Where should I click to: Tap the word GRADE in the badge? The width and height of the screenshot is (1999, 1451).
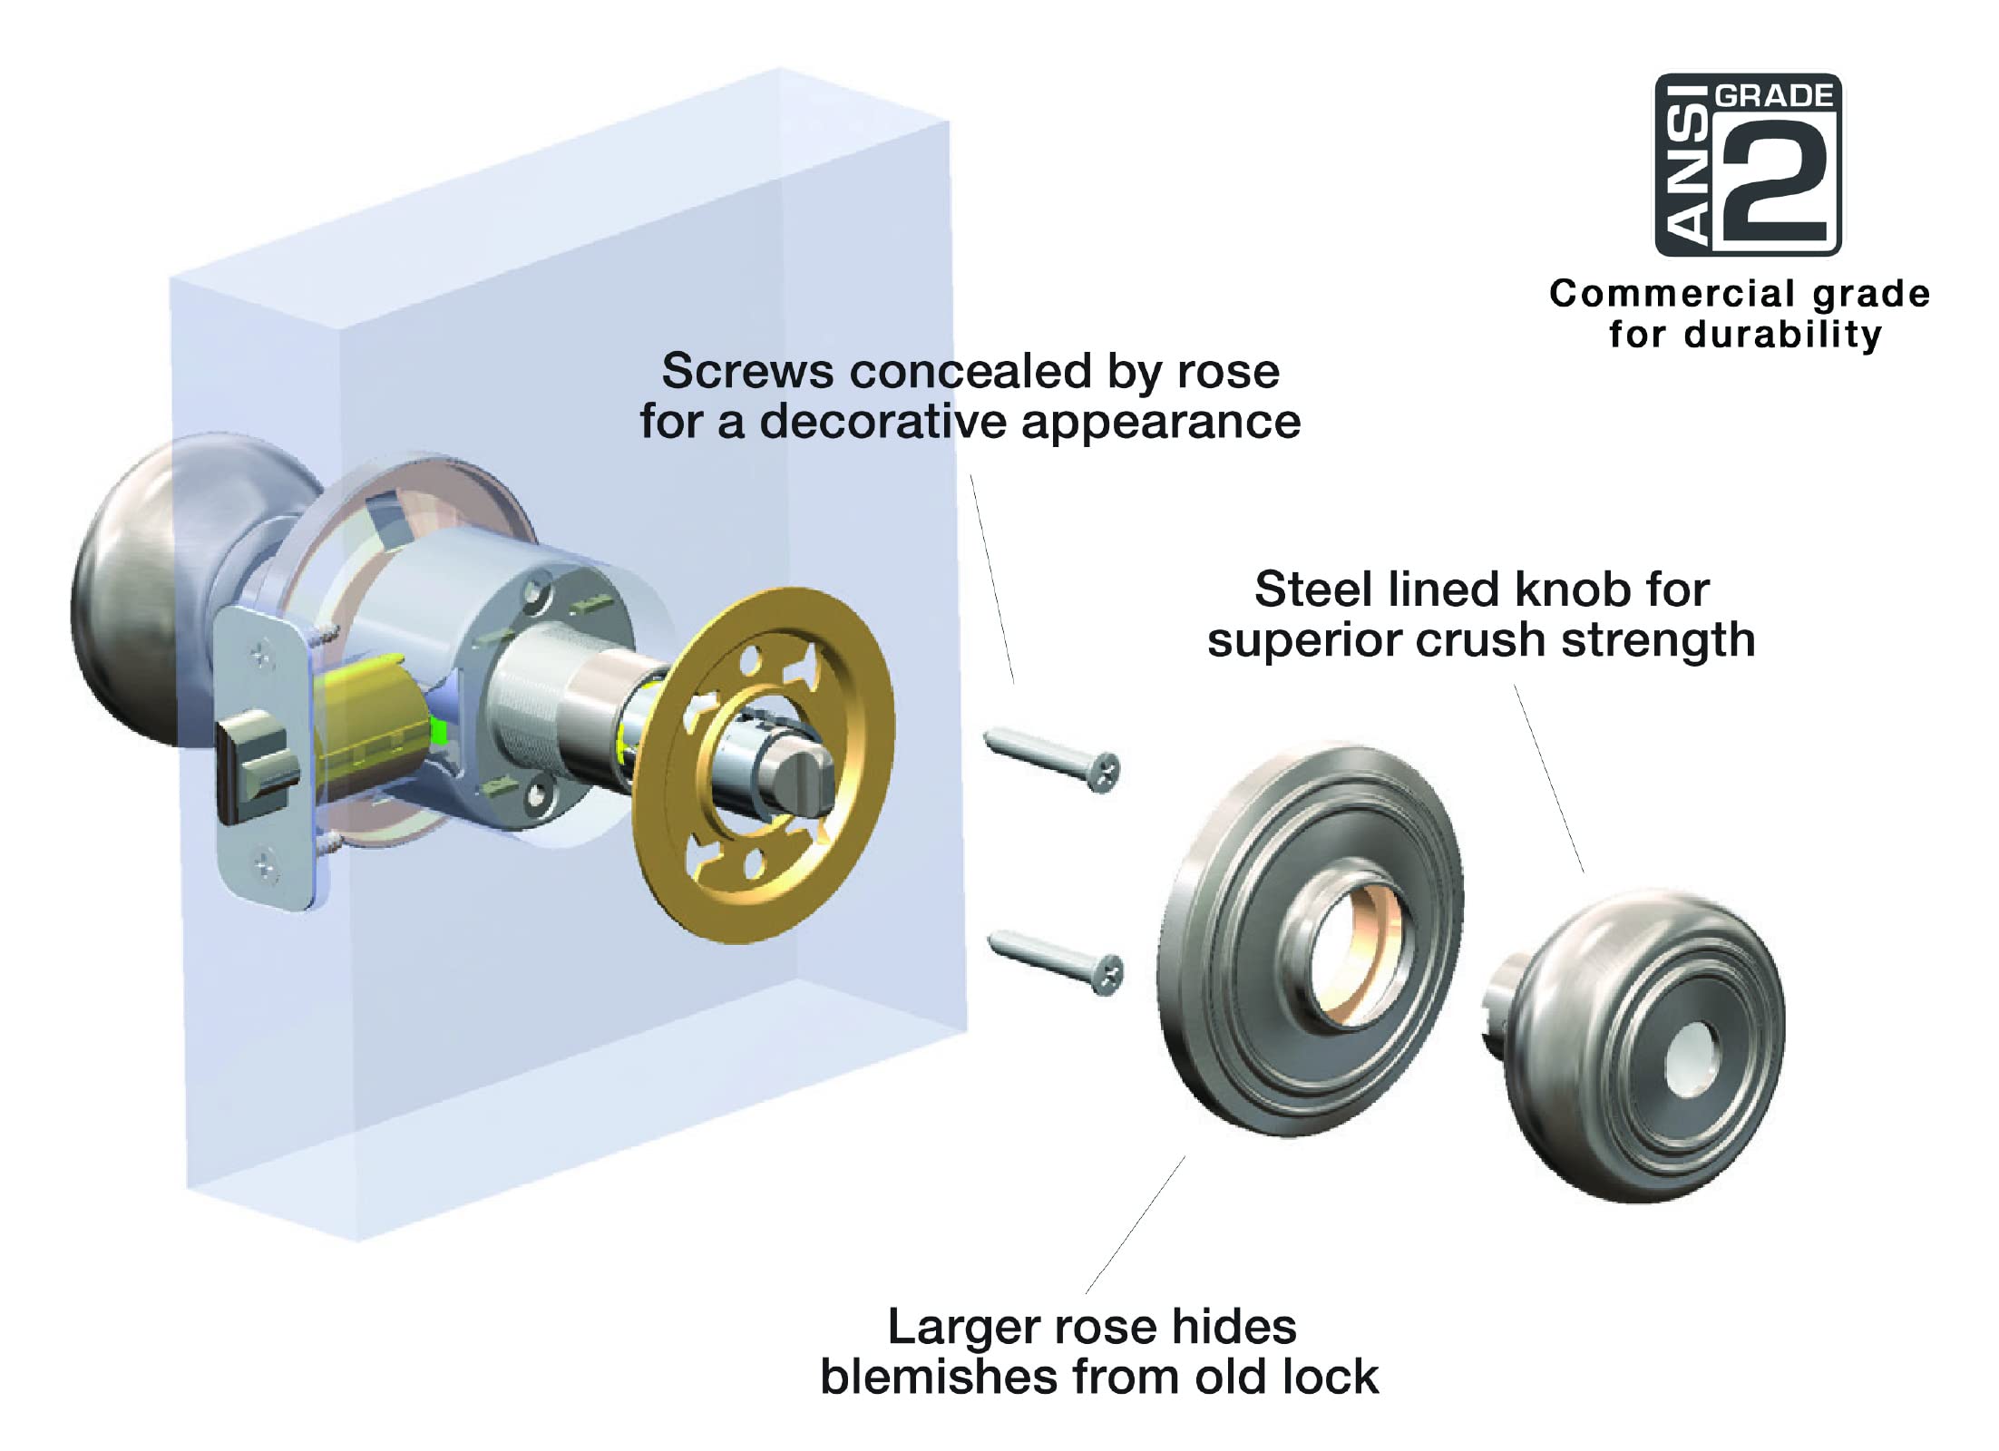[1775, 95]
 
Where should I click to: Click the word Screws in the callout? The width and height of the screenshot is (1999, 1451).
[746, 371]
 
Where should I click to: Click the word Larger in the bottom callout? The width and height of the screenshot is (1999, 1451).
[962, 1327]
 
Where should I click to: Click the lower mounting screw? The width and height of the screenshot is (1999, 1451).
[1057, 961]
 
